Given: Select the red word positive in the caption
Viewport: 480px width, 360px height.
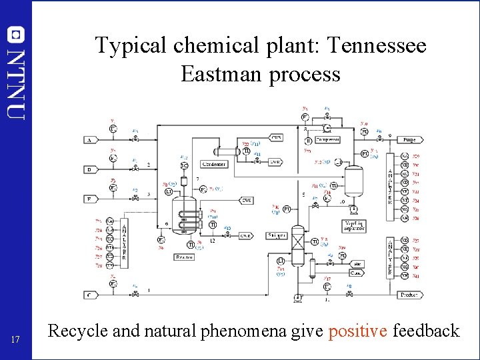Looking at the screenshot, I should tap(358, 330).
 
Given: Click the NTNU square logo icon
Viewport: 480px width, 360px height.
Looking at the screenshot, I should tap(16, 35).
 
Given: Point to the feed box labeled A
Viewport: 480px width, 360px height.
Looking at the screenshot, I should tap(89, 140).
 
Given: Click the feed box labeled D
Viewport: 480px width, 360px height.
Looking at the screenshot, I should tap(89, 169).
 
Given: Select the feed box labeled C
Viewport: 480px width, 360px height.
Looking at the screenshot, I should tap(89, 294).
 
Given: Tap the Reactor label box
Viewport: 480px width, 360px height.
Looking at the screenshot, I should tap(184, 257).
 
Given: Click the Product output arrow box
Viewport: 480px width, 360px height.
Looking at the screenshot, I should tap(409, 294).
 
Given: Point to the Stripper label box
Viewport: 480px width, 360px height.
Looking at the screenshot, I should tap(277, 235).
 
